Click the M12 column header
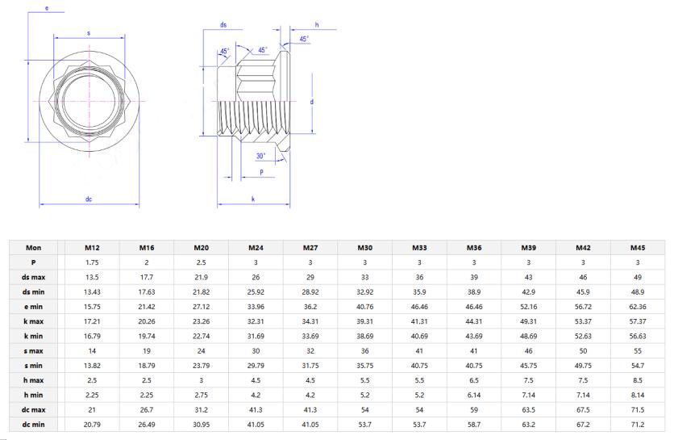(91, 248)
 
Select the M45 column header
(637, 248)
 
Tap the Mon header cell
(33, 248)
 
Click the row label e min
(33, 306)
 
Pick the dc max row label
(33, 409)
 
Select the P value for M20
(201, 262)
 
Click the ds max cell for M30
(364, 277)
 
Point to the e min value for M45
(637, 306)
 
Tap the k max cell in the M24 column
(256, 321)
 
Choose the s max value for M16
(146, 350)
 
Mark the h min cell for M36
(473, 395)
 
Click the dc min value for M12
(91, 424)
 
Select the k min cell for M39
(528, 336)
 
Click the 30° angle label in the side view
(261, 156)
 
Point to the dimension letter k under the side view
(253, 199)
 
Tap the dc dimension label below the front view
(89, 199)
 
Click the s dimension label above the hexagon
(89, 32)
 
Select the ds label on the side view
(223, 25)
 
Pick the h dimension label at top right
(317, 25)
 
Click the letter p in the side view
(262, 172)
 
